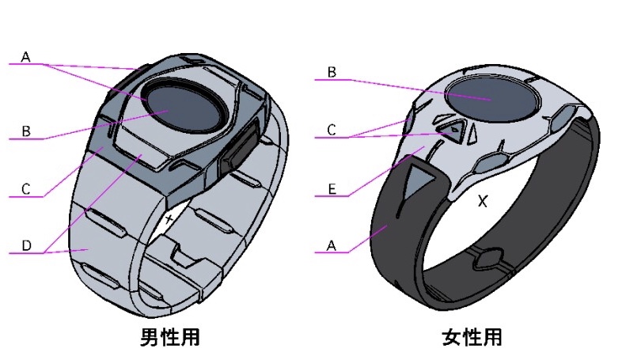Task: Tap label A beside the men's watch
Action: tap(25, 57)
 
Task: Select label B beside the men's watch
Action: tap(25, 131)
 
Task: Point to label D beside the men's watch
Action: tap(25, 246)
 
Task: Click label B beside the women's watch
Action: tap(332, 72)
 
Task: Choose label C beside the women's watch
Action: tap(332, 130)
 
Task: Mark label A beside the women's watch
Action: tap(332, 246)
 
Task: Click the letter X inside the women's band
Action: tap(483, 202)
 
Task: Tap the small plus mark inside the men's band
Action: tap(169, 216)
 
